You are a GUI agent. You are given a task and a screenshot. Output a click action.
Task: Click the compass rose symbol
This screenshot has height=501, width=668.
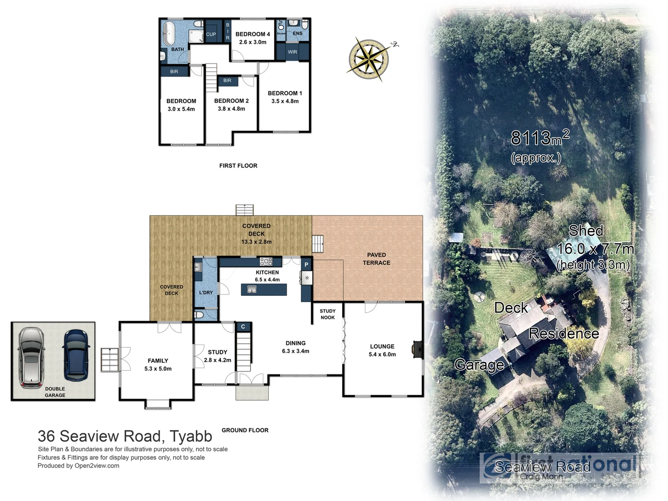(x=369, y=59)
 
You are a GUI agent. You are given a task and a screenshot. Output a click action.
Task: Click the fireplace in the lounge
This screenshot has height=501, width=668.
(x=417, y=349)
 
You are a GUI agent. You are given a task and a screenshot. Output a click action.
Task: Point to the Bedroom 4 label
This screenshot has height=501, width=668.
(x=252, y=34)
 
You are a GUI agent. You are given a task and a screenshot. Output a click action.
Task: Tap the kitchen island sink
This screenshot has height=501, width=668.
(x=251, y=289)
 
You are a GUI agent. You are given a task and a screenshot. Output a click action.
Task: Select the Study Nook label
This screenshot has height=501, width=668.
(x=328, y=314)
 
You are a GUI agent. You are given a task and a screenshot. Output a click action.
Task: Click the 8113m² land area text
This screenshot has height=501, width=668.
(x=540, y=137)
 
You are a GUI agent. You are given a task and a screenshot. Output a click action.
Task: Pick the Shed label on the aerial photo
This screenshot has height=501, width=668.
(x=586, y=231)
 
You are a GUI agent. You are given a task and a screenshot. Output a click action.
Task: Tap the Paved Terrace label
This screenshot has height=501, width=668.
(x=376, y=258)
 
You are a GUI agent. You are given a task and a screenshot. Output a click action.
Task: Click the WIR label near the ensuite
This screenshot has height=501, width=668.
(x=292, y=52)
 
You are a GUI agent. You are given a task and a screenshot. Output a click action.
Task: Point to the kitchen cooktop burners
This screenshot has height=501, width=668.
(x=266, y=262)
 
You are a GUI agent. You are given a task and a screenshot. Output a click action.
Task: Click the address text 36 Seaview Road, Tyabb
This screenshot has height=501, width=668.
(x=125, y=436)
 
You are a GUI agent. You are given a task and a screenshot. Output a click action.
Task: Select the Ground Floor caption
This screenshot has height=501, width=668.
(x=245, y=430)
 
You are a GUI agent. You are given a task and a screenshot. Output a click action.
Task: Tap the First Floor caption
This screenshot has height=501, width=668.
(x=238, y=166)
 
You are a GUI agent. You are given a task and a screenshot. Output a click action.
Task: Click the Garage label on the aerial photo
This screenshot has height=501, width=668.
(x=479, y=365)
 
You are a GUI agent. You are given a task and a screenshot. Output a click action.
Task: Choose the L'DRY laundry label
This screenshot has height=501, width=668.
(x=206, y=292)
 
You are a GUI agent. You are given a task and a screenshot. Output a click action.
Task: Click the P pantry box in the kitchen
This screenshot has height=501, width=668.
(x=306, y=265)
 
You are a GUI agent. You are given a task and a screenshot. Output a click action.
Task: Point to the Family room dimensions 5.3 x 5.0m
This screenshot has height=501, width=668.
(x=158, y=369)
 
